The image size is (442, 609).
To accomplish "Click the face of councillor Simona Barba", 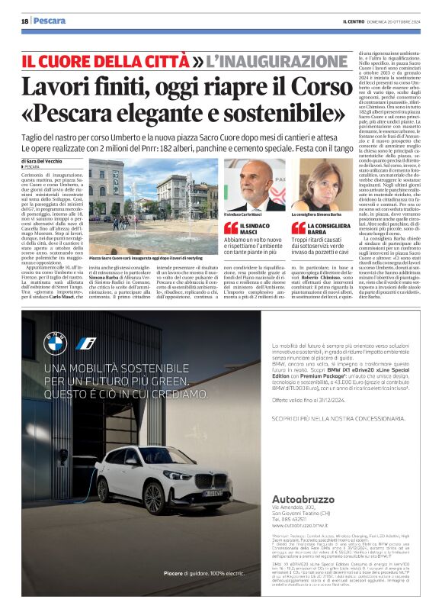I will point(319,183).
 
